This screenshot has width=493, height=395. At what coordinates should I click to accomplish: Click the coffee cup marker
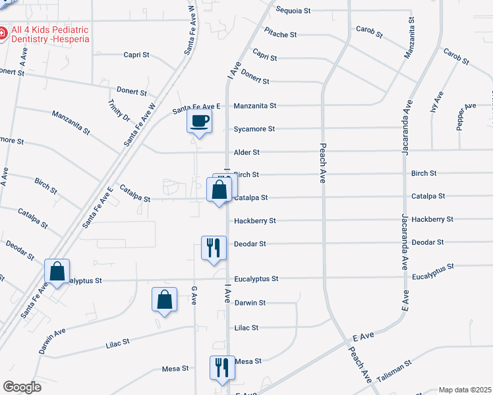(200, 121)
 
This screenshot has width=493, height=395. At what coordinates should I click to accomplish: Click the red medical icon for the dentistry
(3, 32)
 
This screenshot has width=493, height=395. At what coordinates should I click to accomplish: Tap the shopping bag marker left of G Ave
(164, 300)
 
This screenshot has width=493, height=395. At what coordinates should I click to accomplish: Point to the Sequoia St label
(293, 11)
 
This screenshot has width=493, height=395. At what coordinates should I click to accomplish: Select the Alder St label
(246, 152)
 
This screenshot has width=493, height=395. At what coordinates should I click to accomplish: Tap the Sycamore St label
(254, 129)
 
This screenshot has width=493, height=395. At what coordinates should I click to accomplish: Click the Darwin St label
(250, 303)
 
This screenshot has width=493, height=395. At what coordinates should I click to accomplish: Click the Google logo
(22, 387)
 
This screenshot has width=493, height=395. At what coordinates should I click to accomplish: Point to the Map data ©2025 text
(465, 390)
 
